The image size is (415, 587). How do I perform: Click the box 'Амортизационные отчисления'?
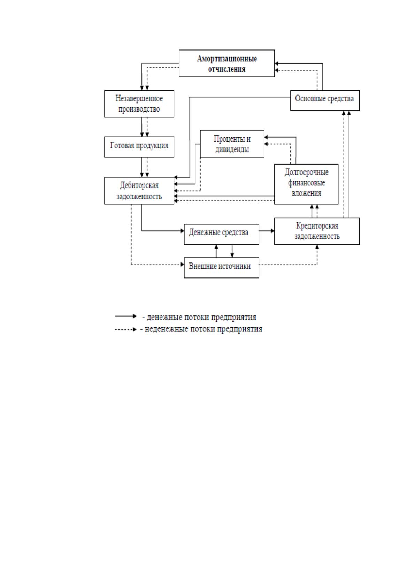(x=226, y=63)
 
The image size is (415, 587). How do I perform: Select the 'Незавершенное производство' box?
(x=139, y=104)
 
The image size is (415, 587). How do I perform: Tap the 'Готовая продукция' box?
(x=139, y=147)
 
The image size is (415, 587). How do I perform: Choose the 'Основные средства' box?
(x=325, y=100)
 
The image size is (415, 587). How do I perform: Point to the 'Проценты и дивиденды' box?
(x=232, y=144)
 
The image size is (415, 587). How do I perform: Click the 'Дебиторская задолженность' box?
(x=139, y=191)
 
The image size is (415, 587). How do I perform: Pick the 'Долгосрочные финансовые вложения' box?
(x=306, y=184)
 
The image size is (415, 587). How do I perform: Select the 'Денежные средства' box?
(x=221, y=234)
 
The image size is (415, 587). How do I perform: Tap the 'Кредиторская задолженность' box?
(x=317, y=231)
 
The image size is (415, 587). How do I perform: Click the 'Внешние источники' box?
(x=221, y=268)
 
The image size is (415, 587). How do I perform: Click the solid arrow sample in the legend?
(x=126, y=316)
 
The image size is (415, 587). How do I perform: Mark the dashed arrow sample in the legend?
(x=126, y=329)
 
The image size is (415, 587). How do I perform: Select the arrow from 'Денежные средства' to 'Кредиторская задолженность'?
(x=267, y=231)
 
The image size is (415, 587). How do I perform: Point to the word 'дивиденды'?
(x=232, y=150)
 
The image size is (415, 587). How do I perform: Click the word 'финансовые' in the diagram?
(x=306, y=183)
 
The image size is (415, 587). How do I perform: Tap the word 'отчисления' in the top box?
(x=226, y=69)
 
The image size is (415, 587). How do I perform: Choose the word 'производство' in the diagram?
(x=139, y=109)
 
